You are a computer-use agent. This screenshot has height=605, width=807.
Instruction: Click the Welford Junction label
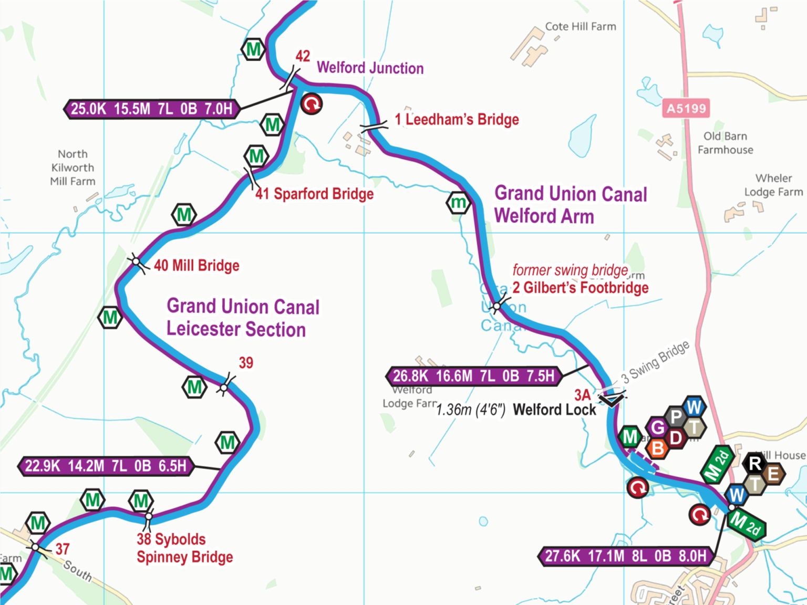tap(370, 68)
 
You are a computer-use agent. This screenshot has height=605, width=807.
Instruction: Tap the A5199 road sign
tap(686, 108)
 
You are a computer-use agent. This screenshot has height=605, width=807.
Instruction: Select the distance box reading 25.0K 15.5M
tap(151, 109)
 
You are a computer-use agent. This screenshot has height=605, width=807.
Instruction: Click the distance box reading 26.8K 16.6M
tap(473, 376)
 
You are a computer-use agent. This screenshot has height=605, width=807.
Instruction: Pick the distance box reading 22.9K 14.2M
tap(106, 466)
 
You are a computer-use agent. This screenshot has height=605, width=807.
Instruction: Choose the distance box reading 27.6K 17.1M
tap(625, 556)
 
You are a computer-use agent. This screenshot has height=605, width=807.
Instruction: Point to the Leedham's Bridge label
tap(457, 120)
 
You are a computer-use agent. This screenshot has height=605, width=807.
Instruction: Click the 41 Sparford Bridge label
tap(314, 194)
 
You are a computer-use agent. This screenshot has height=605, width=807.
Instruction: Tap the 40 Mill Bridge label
tap(196, 265)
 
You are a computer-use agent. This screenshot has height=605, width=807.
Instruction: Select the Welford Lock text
tap(554, 409)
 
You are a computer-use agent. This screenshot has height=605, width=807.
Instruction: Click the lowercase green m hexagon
tap(458, 203)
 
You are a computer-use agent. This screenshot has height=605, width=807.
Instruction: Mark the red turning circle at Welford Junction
tap(312, 104)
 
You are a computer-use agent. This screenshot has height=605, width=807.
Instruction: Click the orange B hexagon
tap(657, 448)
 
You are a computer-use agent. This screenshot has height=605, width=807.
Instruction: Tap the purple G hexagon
tap(657, 427)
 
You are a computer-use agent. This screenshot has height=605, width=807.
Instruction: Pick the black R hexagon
tap(755, 463)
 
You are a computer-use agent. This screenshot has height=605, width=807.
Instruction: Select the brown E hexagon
tap(773, 474)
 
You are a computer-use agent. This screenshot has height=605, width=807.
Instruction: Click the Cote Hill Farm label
tap(580, 26)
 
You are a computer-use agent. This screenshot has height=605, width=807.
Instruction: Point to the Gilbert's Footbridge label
tap(581, 288)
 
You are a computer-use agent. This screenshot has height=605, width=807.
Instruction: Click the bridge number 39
tap(246, 362)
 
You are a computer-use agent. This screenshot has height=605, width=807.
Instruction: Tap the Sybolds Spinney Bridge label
tap(184, 548)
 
